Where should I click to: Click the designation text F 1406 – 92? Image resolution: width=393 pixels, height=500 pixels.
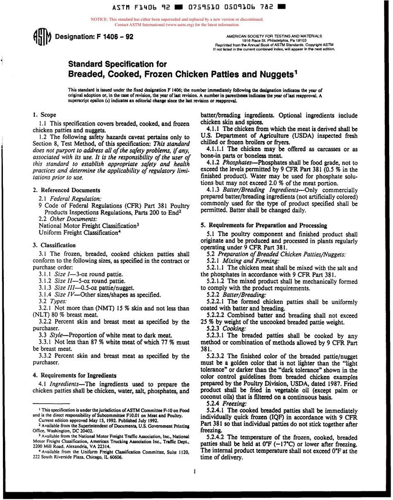point(113,37)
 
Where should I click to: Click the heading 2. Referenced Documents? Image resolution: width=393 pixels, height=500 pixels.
point(66,190)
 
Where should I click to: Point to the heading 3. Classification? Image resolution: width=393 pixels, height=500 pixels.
point(54,245)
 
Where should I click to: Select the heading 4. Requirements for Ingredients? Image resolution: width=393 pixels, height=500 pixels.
point(74,375)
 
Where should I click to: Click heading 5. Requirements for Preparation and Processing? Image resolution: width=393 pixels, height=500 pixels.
point(268,226)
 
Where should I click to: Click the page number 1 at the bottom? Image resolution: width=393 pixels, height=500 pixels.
point(194,471)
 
